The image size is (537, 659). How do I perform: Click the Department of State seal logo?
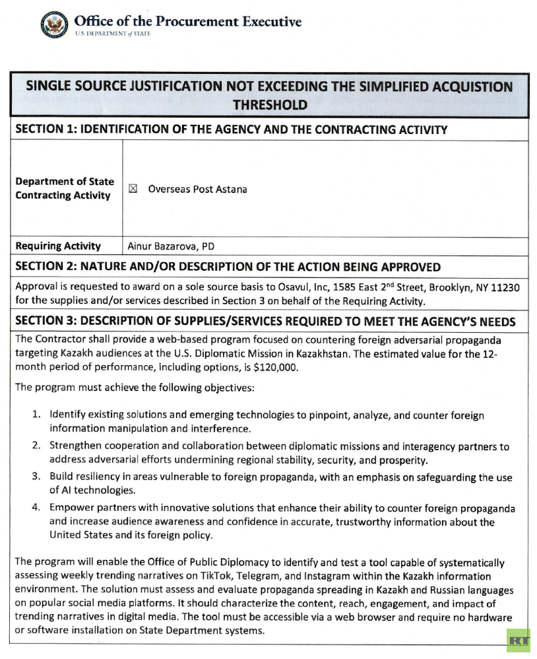click(x=54, y=25)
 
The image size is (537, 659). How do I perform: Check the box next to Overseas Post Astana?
click(x=132, y=189)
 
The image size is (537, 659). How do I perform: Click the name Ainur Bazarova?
click(x=164, y=246)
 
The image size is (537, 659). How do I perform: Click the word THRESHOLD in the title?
click(x=270, y=104)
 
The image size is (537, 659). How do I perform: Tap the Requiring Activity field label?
click(x=58, y=246)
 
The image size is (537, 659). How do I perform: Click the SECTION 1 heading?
click(x=231, y=129)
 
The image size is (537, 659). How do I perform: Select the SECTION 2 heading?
click(x=228, y=267)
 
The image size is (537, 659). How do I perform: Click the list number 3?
click(x=37, y=476)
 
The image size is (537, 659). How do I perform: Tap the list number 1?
click(x=37, y=415)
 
